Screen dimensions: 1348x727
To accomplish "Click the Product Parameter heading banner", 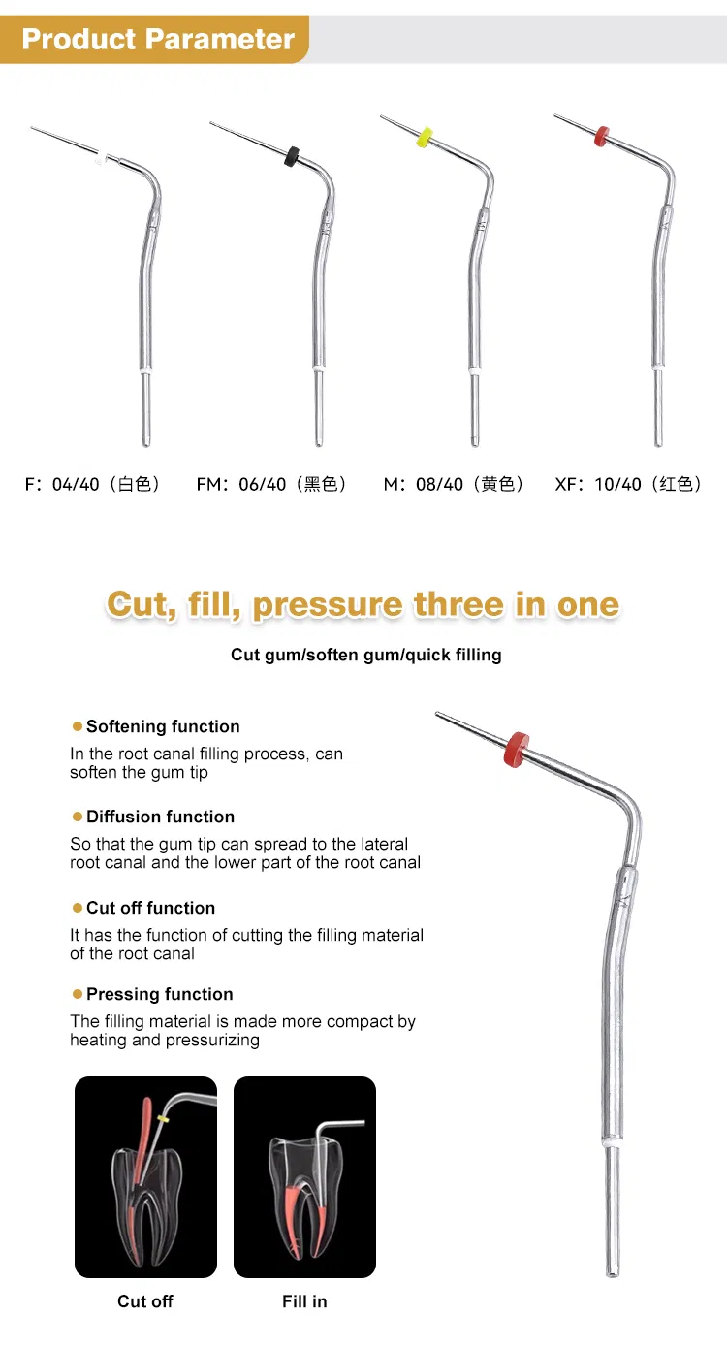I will pyautogui.click(x=157, y=40).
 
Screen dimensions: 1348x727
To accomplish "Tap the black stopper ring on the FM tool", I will pyautogui.click(x=291, y=155).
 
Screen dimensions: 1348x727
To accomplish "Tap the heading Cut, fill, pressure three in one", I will pyautogui.click(x=363, y=604).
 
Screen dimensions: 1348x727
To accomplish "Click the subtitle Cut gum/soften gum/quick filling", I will pyautogui.click(x=365, y=655).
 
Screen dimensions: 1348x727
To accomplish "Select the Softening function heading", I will pyautogui.click(x=163, y=726).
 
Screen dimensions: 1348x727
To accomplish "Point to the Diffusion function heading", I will pyautogui.click(x=160, y=817).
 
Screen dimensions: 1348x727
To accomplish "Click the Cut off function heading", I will pyautogui.click(x=150, y=908).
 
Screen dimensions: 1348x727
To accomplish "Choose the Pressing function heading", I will pyautogui.click(x=159, y=994).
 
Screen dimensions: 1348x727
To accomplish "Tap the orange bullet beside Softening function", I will pyautogui.click(x=78, y=726).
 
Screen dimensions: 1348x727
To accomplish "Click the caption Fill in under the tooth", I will pyautogui.click(x=304, y=1301).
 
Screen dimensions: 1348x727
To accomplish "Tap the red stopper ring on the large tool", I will pyautogui.click(x=517, y=749).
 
